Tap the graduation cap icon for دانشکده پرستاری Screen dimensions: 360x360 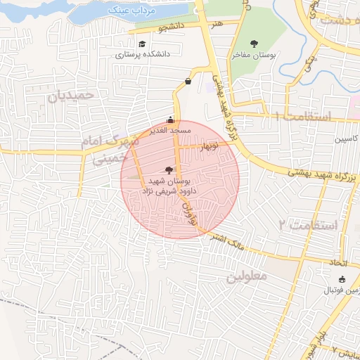142,44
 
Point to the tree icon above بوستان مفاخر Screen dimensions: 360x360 255,44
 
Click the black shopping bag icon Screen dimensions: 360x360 188,82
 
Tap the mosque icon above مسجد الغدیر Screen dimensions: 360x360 169,120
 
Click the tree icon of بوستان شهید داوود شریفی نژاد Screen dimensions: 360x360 169,169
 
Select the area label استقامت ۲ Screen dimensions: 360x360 307,225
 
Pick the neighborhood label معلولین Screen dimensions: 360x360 246,276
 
